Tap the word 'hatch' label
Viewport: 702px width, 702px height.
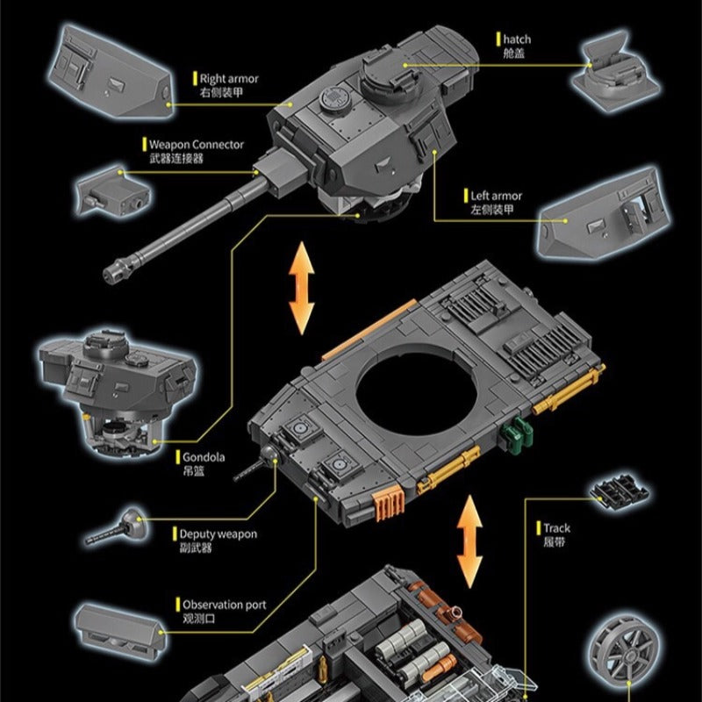pyautogui.click(x=517, y=39)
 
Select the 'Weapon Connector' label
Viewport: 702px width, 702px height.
pyautogui.click(x=196, y=145)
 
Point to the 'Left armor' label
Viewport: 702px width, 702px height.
pyautogui.click(x=496, y=196)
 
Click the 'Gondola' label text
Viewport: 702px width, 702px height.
pyautogui.click(x=204, y=457)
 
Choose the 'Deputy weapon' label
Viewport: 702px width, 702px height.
pyautogui.click(x=218, y=534)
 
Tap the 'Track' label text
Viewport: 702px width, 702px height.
pyautogui.click(x=556, y=528)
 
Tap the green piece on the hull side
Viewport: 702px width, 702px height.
pyautogui.click(x=519, y=432)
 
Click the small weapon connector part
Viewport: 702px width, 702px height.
pyautogui.click(x=113, y=190)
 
